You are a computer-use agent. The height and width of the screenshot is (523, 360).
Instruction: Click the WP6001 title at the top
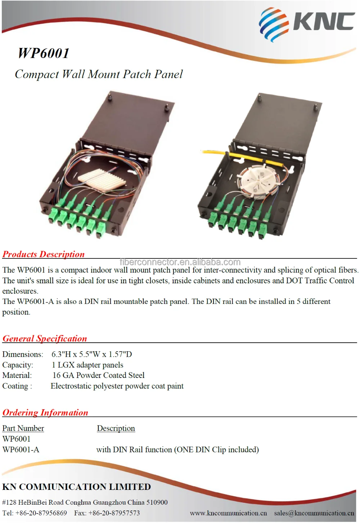click(44, 53)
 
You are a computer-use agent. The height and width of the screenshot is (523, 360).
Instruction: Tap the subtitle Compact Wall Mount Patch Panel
click(99, 74)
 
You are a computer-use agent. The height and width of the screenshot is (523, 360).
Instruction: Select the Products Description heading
click(44, 254)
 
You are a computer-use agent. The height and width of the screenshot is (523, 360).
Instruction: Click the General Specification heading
click(45, 338)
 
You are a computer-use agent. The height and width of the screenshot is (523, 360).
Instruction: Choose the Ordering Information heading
click(45, 412)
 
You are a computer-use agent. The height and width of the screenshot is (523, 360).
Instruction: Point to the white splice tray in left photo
click(102, 178)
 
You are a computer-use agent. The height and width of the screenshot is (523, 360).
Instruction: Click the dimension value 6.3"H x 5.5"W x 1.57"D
click(92, 354)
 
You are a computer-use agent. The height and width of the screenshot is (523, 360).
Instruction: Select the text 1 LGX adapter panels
click(87, 365)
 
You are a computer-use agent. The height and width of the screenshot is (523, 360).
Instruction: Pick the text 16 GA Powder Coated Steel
click(99, 375)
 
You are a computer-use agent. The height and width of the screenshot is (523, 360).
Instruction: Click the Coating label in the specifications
click(17, 386)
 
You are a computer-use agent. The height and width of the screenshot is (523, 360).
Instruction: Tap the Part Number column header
click(23, 428)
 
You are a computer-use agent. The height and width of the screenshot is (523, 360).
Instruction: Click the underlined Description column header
click(116, 428)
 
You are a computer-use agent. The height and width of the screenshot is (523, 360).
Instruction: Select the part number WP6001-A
click(21, 450)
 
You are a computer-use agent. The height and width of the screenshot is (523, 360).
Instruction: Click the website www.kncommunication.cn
click(228, 513)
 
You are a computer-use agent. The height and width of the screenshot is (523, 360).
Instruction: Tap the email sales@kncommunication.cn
click(314, 513)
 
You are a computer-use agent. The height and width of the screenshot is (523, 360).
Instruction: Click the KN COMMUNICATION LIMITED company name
click(77, 487)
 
